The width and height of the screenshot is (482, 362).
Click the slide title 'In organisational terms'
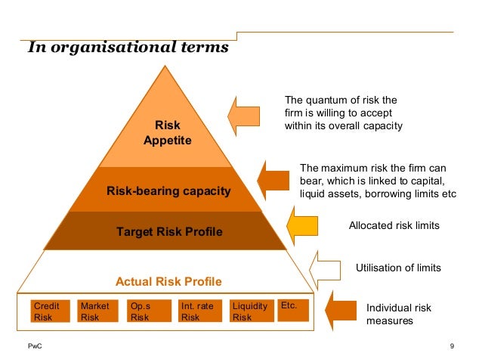127,48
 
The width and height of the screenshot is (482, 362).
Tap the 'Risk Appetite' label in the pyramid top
168,133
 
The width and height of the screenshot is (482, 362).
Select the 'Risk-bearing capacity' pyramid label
168,191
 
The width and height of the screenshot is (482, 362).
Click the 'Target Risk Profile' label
169,231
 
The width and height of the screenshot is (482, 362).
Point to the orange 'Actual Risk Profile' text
168,282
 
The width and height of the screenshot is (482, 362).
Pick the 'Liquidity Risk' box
251,311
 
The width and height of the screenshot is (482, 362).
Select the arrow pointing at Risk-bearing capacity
273,179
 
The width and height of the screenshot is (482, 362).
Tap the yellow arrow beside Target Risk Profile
304,225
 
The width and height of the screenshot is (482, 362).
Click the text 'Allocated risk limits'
394,225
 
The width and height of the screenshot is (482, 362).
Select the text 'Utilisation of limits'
398,268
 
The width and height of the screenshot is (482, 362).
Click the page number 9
451,346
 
